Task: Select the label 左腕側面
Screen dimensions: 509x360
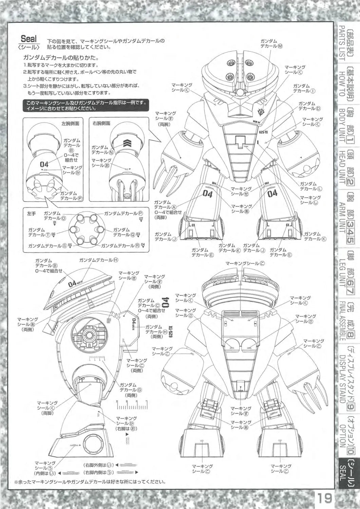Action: click(x=70, y=124)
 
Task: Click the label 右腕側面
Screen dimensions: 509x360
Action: click(x=101, y=124)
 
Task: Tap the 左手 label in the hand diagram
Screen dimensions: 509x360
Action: click(x=32, y=213)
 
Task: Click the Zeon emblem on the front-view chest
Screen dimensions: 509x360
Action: click(x=261, y=111)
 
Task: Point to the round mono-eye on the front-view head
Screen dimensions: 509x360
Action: click(x=240, y=92)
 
